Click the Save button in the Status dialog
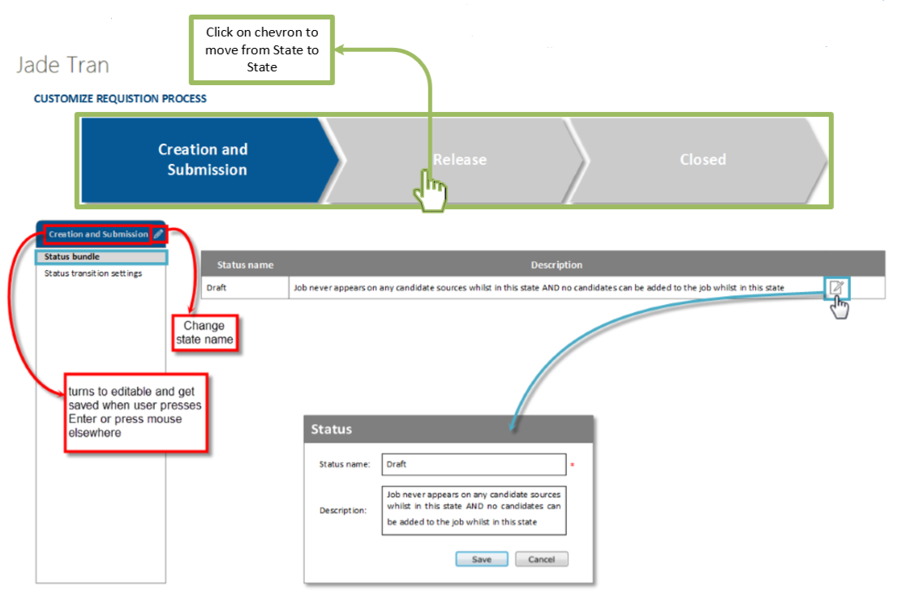pyautogui.click(x=481, y=560)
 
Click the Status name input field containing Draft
pyautogui.click(x=473, y=465)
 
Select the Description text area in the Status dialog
pyautogui.click(x=473, y=511)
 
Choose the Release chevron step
pyautogui.click(x=459, y=160)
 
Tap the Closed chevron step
pyautogui.click(x=702, y=160)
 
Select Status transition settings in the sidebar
pyautogui.click(x=93, y=273)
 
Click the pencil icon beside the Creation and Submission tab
pyautogui.click(x=158, y=234)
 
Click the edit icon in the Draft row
pyautogui.click(x=836, y=287)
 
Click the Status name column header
pyautogui.click(x=245, y=265)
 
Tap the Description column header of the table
pyautogui.click(x=556, y=265)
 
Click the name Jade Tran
pyautogui.click(x=62, y=65)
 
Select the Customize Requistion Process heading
pyautogui.click(x=120, y=99)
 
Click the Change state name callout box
pyautogui.click(x=204, y=333)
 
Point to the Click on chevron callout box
pyautogui.click(x=262, y=49)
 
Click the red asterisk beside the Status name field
pyautogui.click(x=572, y=465)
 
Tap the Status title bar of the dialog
pyautogui.click(x=448, y=429)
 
